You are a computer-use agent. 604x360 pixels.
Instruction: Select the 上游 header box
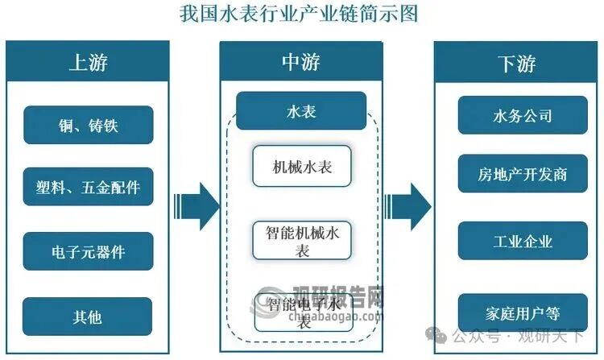(x=88, y=63)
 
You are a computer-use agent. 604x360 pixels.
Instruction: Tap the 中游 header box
(x=301, y=63)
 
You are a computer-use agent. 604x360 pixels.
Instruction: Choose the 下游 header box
(x=515, y=63)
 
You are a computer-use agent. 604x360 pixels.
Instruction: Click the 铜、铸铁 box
(x=88, y=125)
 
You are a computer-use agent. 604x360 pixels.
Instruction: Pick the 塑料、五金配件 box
(x=88, y=187)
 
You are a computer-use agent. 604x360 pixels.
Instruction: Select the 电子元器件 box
(x=88, y=252)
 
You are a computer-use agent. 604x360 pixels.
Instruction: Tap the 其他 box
(x=88, y=317)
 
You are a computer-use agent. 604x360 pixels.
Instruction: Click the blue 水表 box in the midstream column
(x=301, y=111)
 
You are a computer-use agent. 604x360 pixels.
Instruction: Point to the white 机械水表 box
(x=301, y=167)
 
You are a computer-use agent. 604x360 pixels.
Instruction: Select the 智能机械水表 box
(x=301, y=240)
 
